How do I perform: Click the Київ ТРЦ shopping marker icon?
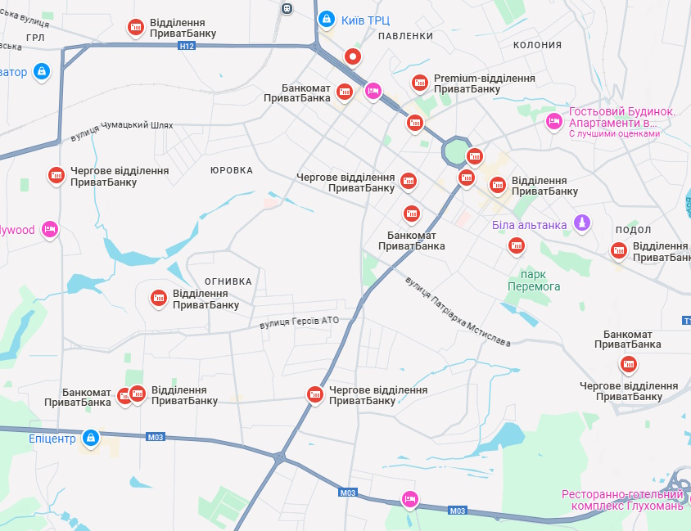[x=326, y=17]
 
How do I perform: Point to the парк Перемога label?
[x=535, y=281]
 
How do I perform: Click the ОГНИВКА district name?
[x=228, y=281]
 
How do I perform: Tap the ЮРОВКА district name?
[x=232, y=170]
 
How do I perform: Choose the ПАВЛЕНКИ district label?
[x=405, y=37]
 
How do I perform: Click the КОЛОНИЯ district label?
[x=537, y=45]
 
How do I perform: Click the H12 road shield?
[x=187, y=47]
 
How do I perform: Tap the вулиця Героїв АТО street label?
[x=298, y=323]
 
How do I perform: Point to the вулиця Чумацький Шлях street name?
[x=122, y=131]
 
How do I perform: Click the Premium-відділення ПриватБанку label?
[x=485, y=83]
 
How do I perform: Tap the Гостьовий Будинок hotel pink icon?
[x=554, y=121]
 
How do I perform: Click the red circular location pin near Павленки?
[x=353, y=56]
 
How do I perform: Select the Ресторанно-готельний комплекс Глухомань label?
[x=621, y=500]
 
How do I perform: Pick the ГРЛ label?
[x=35, y=38]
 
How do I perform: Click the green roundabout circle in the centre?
[x=454, y=151]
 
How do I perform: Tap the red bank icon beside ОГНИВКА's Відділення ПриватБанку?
[x=158, y=299]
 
